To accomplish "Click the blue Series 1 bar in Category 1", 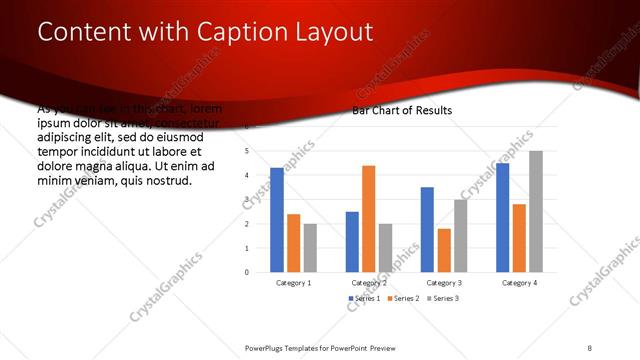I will click(x=277, y=220).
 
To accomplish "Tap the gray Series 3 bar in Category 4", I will click(x=536, y=212).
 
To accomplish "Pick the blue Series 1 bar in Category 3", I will click(x=427, y=230).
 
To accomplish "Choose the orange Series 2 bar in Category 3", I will click(x=444, y=250).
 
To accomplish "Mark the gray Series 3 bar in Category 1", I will click(x=310, y=247).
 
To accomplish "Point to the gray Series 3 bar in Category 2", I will click(x=385, y=247).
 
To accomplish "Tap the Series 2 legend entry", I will click(x=405, y=299).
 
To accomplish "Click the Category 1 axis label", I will click(x=293, y=283).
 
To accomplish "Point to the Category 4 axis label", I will click(x=519, y=283).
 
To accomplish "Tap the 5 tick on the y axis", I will click(x=247, y=151).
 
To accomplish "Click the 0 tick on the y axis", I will click(x=247, y=272).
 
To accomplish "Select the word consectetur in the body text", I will click(x=184, y=121).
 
